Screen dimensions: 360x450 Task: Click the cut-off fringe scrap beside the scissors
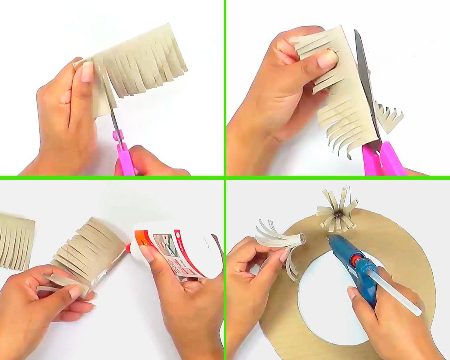tap(390, 118)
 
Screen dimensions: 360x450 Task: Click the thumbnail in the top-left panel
tap(87, 71)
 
